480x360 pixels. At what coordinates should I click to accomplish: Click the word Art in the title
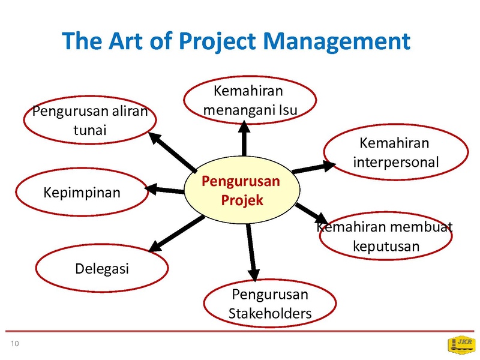[x=125, y=41]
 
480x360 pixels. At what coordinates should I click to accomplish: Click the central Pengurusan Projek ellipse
[x=242, y=190]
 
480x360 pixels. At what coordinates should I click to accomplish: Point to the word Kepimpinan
[x=82, y=193]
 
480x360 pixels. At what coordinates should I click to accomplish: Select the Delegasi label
[x=102, y=269]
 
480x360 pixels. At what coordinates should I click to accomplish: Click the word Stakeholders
[x=270, y=313]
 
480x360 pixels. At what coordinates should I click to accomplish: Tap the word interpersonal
[x=396, y=162]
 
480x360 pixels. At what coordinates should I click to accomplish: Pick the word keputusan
[x=386, y=247]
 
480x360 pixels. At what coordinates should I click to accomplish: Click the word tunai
[x=90, y=130]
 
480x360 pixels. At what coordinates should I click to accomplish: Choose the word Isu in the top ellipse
[x=288, y=110]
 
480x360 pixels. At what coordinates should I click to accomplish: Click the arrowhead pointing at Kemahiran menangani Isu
[x=244, y=127]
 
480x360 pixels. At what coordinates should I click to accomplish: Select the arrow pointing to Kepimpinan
[x=164, y=190]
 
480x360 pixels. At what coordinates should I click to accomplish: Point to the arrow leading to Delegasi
[x=176, y=234]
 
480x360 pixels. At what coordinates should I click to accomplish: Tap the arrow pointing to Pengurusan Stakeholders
[x=251, y=252]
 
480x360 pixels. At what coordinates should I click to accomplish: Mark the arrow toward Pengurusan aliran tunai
[x=173, y=152]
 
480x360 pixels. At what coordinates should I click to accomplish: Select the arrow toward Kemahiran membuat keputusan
[x=311, y=214]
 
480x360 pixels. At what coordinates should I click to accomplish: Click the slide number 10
[x=14, y=343]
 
